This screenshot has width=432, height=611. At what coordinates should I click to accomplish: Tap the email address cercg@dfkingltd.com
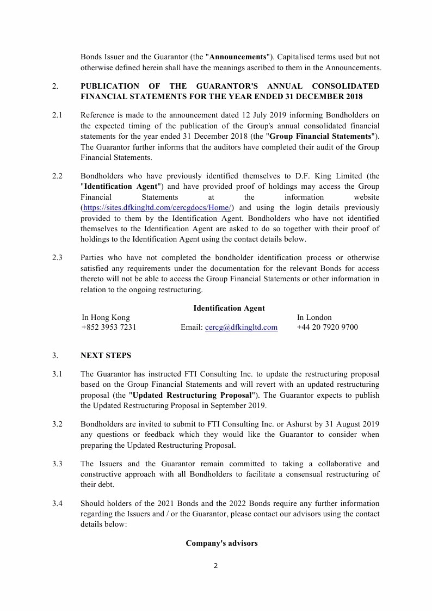coord(241,328)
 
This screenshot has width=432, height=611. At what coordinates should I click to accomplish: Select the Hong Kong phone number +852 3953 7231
coord(109,328)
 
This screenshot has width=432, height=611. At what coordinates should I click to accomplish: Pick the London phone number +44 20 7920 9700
coord(328,328)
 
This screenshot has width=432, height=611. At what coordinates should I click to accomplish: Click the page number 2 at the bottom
coord(215,566)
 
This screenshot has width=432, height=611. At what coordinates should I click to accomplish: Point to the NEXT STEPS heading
coord(106,356)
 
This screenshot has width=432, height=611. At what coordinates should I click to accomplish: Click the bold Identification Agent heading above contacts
coord(229,308)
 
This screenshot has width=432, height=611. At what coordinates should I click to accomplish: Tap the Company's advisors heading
coord(221,543)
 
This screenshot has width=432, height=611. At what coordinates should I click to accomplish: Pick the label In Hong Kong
coord(106,317)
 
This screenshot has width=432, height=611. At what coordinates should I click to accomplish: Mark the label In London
coord(314,317)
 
